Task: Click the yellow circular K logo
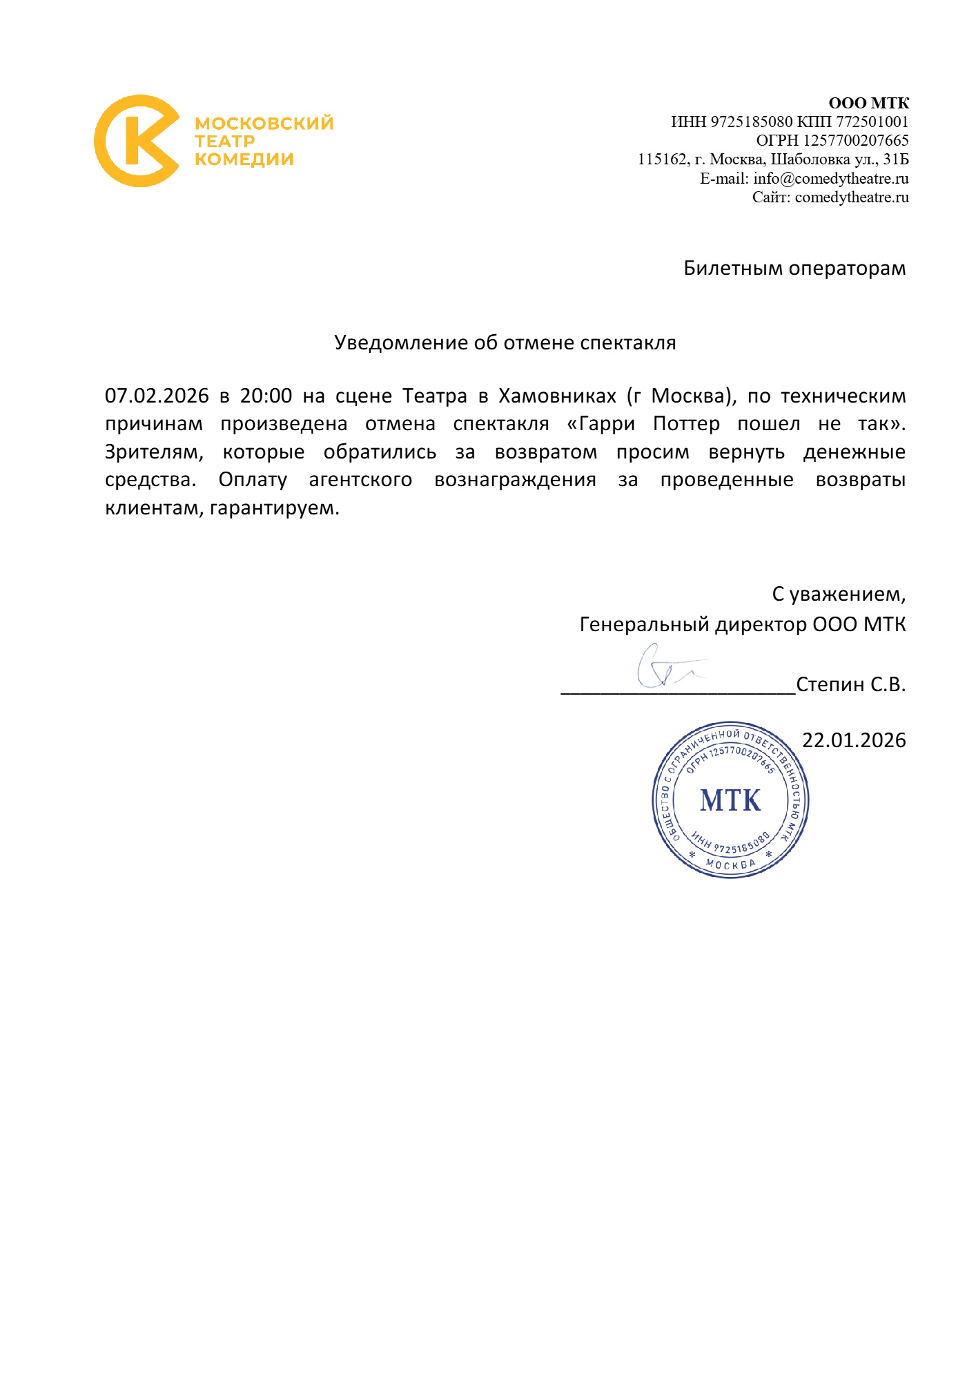coord(136,141)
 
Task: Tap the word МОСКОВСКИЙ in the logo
coord(264,124)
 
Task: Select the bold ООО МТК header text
coord(868,104)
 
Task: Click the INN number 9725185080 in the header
coord(751,122)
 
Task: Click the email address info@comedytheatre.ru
coord(830,179)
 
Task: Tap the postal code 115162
coord(663,160)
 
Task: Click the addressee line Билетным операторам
coord(794,268)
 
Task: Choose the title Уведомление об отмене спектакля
coord(505,342)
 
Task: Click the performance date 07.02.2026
coord(157,396)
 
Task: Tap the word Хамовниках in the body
coord(557,396)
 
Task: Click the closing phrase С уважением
coord(838,594)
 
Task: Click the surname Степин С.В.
coord(850,684)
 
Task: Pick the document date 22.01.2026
coord(854,740)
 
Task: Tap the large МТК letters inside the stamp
coord(730,800)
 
